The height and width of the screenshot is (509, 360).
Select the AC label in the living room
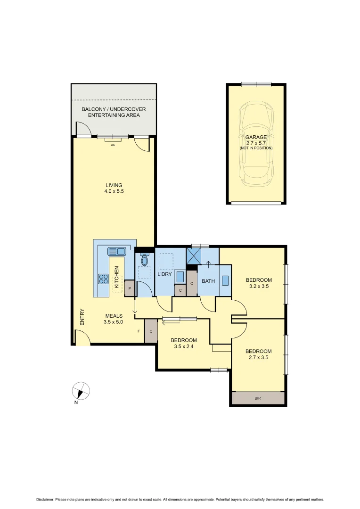[x=113, y=145]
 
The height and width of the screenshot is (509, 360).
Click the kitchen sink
[x=116, y=251]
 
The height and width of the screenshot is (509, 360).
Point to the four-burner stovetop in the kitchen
[x=103, y=279]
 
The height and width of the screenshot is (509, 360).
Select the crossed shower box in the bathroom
[x=194, y=256]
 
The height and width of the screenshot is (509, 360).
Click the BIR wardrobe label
[x=258, y=398]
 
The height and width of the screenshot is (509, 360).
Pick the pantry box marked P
[x=129, y=288]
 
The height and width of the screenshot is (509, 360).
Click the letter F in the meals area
[x=139, y=331]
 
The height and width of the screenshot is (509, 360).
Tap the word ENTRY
[x=82, y=317]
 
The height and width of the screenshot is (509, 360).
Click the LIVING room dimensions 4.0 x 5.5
[x=114, y=192]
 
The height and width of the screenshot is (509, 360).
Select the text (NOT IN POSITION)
[x=256, y=148]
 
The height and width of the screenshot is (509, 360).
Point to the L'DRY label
[x=164, y=274]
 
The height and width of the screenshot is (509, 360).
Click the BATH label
[x=208, y=281]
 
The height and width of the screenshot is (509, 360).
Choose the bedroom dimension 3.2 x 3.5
[x=259, y=286]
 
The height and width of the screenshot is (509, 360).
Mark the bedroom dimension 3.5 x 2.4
[x=183, y=347]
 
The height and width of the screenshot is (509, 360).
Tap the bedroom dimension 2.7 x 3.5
[x=258, y=358]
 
